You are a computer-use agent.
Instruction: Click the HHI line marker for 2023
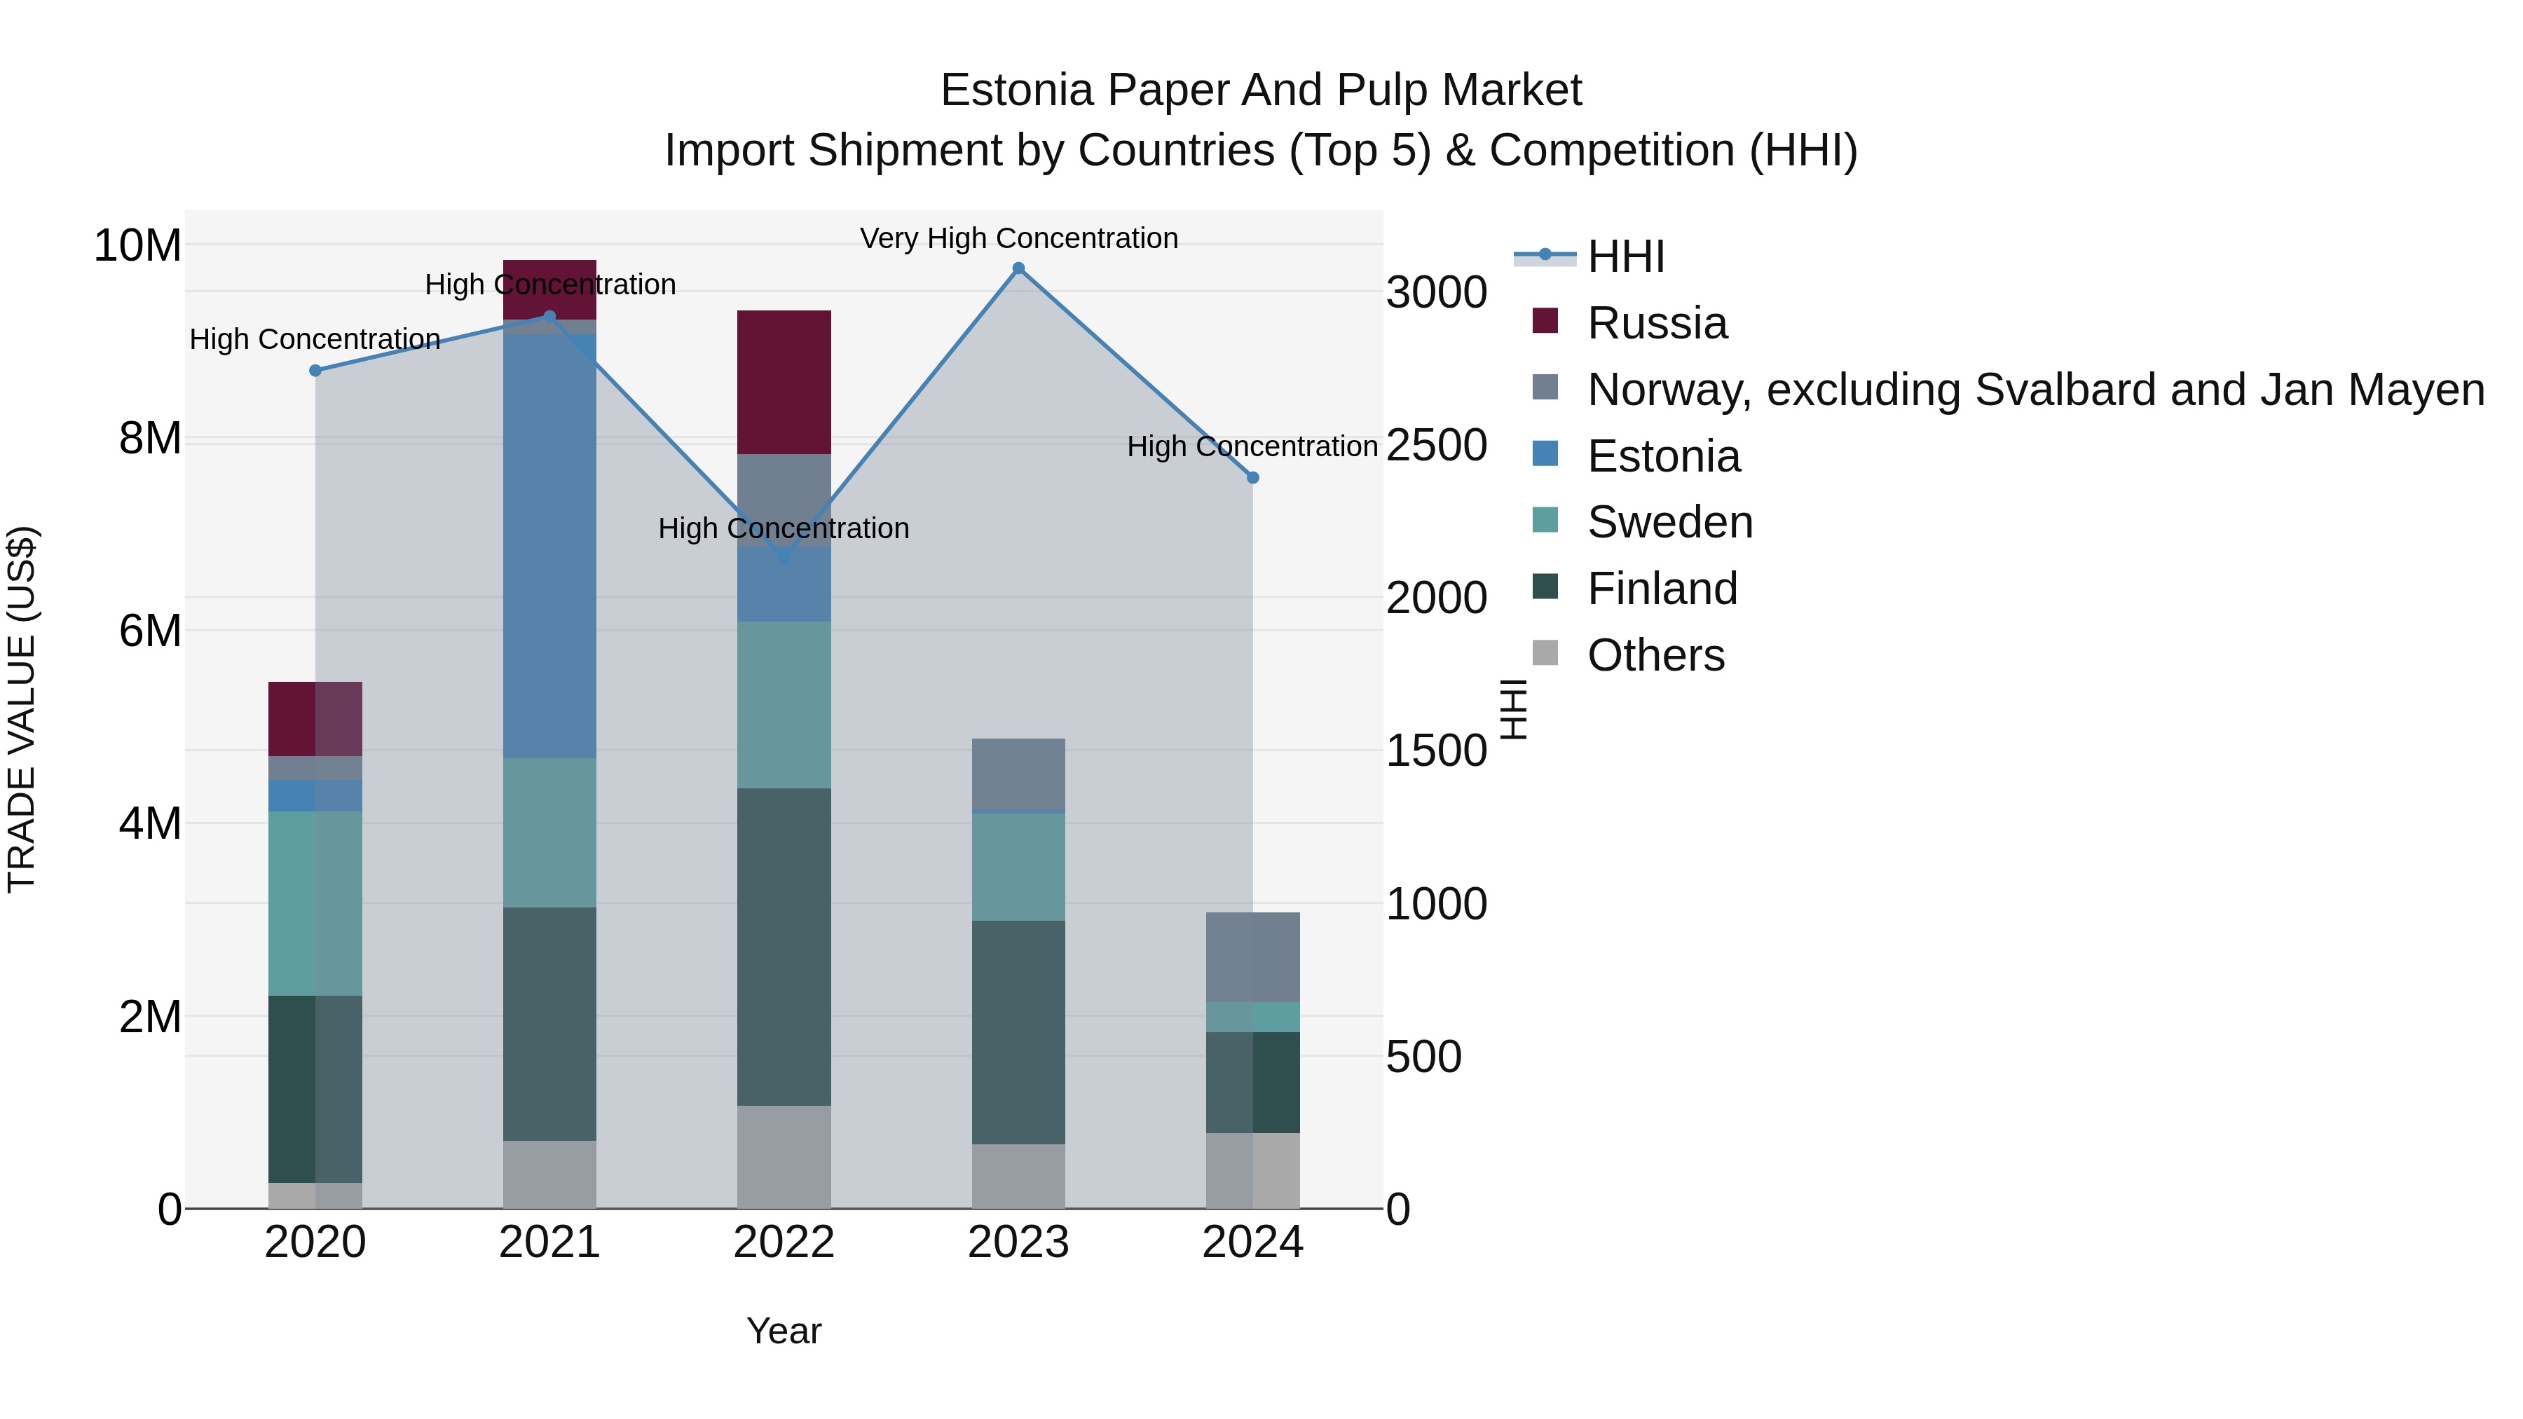(1018, 268)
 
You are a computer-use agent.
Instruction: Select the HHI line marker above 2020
(315, 370)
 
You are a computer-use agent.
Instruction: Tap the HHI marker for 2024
(1252, 478)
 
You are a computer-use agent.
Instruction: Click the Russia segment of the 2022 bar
(784, 382)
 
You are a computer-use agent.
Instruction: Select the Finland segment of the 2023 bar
(1018, 1032)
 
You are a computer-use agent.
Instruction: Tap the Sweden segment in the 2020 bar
(315, 903)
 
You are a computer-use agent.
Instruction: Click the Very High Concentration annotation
(1018, 238)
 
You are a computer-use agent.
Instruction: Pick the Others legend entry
(1655, 655)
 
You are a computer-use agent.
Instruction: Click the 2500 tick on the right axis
(1436, 446)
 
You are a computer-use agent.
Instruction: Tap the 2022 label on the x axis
(784, 1242)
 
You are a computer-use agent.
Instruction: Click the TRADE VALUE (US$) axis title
(22, 709)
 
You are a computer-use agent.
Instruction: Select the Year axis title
(784, 1331)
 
